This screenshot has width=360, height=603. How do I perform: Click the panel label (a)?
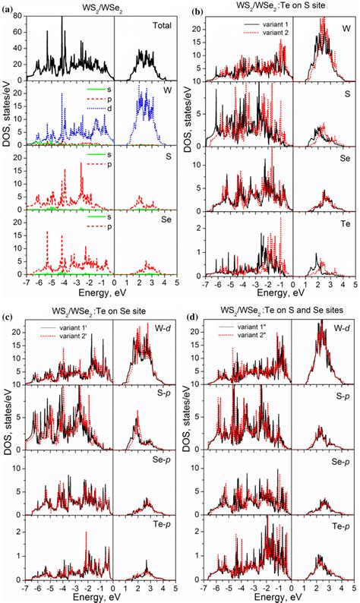pos(8,7)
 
